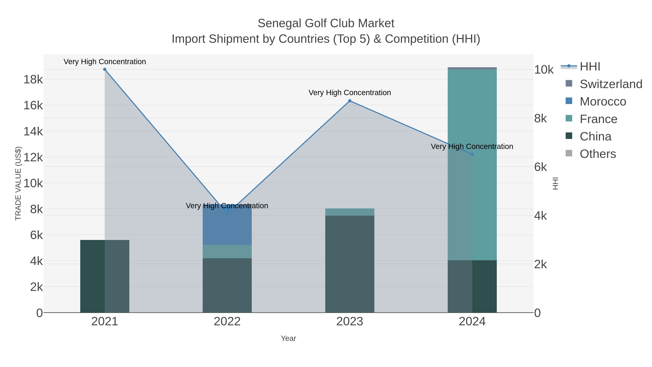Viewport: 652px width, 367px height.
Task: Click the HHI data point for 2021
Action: click(x=105, y=69)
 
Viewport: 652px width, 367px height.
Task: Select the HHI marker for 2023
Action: click(x=350, y=101)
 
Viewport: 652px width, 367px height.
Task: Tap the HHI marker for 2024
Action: click(x=472, y=154)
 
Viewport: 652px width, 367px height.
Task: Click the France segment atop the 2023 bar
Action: click(x=350, y=212)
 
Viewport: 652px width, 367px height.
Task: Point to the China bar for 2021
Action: click(x=105, y=276)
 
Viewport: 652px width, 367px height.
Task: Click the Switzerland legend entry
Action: click(x=611, y=84)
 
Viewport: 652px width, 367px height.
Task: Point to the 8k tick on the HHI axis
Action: click(x=540, y=119)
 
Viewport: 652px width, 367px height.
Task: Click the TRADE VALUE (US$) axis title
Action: click(x=18, y=183)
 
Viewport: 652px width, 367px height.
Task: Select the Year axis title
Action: click(x=288, y=338)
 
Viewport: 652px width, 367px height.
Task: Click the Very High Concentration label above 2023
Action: click(x=350, y=93)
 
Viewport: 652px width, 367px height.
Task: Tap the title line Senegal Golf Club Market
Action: click(x=326, y=23)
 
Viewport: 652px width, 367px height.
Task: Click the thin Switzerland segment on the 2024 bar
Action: click(x=472, y=68)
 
